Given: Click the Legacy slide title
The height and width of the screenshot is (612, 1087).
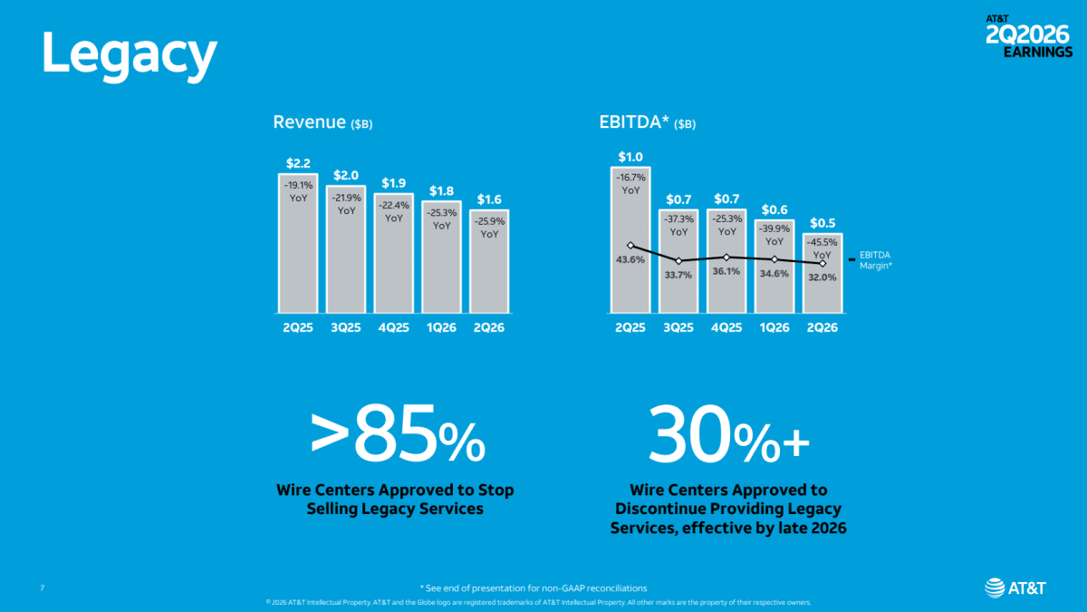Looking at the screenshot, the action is click(130, 55).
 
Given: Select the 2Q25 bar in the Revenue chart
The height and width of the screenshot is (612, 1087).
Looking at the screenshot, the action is click(298, 243).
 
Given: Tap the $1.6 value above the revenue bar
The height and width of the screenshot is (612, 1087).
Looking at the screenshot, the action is click(489, 199).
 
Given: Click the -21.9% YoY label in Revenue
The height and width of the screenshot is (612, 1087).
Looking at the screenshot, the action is click(346, 204).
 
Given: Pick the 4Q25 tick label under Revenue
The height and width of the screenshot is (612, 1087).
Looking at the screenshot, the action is click(393, 328).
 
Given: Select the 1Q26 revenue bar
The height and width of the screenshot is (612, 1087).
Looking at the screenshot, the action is click(442, 257).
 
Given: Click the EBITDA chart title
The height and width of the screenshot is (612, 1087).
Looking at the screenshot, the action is click(648, 122).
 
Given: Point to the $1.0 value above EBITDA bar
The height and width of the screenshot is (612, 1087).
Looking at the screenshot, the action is click(630, 157).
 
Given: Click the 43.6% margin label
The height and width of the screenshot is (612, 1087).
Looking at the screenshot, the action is click(630, 260).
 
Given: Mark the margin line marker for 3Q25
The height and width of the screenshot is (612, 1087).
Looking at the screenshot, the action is click(678, 261).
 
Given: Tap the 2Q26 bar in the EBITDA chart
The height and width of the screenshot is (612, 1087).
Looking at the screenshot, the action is click(822, 273).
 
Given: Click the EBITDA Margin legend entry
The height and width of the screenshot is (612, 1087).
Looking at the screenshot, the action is click(871, 260).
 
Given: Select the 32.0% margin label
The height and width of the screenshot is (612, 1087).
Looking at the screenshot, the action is click(822, 277).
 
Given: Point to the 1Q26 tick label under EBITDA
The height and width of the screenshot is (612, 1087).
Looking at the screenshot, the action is click(774, 328).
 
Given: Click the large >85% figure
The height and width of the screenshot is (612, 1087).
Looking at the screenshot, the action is click(398, 433).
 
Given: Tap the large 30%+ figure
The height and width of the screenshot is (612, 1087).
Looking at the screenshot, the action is click(728, 433).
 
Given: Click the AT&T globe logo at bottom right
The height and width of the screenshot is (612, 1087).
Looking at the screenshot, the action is click(995, 588).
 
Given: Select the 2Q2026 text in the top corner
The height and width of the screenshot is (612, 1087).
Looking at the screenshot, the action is click(1028, 35).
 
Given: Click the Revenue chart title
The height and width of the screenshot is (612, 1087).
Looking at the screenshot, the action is click(322, 122).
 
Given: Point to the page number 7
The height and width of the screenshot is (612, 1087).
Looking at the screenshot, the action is click(43, 588).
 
